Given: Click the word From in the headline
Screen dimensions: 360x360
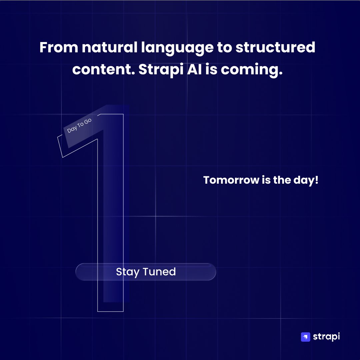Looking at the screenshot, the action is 59,47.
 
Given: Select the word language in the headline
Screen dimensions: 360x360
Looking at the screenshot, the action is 177,49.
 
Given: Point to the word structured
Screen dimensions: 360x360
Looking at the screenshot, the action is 275,47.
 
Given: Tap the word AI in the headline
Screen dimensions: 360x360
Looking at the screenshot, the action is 194,69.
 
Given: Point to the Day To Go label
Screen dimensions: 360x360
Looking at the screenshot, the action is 79,126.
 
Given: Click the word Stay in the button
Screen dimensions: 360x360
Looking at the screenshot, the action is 128,272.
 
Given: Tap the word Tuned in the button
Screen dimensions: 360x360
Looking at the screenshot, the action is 159,272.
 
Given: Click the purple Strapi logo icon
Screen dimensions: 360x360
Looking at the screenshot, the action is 305,337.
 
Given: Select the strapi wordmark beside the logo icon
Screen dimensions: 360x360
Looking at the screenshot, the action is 326,337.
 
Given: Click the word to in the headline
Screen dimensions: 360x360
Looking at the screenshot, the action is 224,48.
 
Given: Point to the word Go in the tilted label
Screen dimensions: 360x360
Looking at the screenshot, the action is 88,121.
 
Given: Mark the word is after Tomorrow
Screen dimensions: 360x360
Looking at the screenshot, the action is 266,180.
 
